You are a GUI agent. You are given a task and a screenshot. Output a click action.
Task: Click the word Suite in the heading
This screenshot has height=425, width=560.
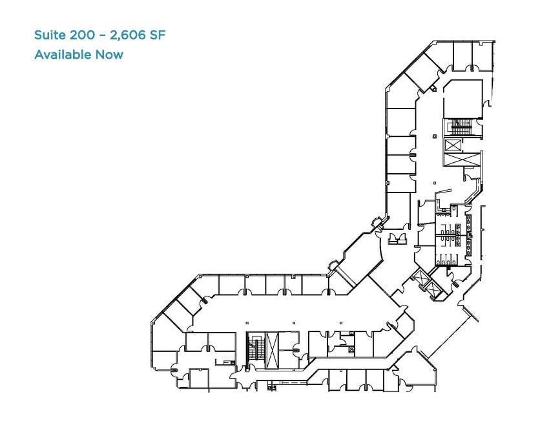[x=50, y=35]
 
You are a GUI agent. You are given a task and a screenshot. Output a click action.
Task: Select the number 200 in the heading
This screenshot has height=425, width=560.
[x=83, y=35]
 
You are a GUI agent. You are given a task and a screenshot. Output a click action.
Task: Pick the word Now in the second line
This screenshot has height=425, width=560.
[x=109, y=54]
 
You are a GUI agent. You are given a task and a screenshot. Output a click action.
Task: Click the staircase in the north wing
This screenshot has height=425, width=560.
[x=461, y=127]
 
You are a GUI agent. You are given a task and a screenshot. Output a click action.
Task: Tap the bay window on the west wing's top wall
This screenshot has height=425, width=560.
[x=333, y=264]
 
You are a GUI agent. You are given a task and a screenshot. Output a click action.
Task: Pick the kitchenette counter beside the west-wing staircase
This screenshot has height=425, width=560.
[x=295, y=349]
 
